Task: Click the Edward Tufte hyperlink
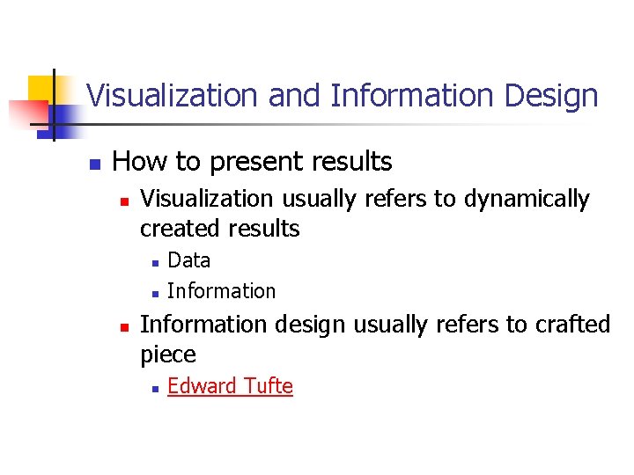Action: pyautogui.click(x=230, y=386)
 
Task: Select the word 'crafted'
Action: pyautogui.click(x=571, y=325)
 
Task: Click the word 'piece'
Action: pyautogui.click(x=167, y=355)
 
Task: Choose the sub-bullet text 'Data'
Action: pyautogui.click(x=188, y=260)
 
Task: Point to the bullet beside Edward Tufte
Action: pyautogui.click(x=153, y=388)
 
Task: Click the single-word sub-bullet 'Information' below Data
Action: pyautogui.click(x=221, y=291)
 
